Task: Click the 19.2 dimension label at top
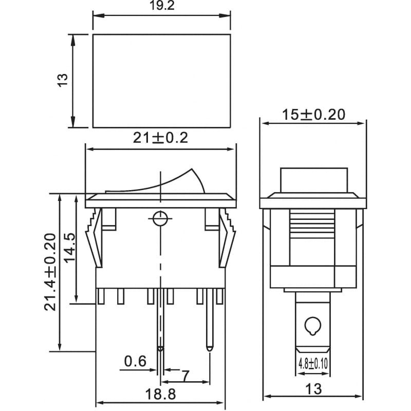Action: pyautogui.click(x=162, y=5)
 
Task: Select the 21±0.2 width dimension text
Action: pyautogui.click(x=160, y=138)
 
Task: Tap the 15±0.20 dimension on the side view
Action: pyautogui.click(x=313, y=115)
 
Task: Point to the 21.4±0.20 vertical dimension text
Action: pyautogui.click(x=50, y=272)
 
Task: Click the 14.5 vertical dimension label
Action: pyautogui.click(x=70, y=248)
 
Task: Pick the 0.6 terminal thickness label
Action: pyautogui.click(x=135, y=361)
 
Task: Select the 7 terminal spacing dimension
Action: pyautogui.click(x=185, y=376)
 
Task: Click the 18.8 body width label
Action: pyautogui.click(x=160, y=394)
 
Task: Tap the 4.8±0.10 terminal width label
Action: pyautogui.click(x=313, y=364)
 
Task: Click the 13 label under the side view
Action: pyautogui.click(x=313, y=389)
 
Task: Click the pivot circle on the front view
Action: pyautogui.click(x=160, y=218)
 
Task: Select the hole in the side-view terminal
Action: pyautogui.click(x=312, y=326)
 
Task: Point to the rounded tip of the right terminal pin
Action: pyautogui.click(x=210, y=349)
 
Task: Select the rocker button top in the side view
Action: pyautogui.click(x=314, y=180)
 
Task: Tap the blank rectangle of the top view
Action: pyautogui.click(x=162, y=81)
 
